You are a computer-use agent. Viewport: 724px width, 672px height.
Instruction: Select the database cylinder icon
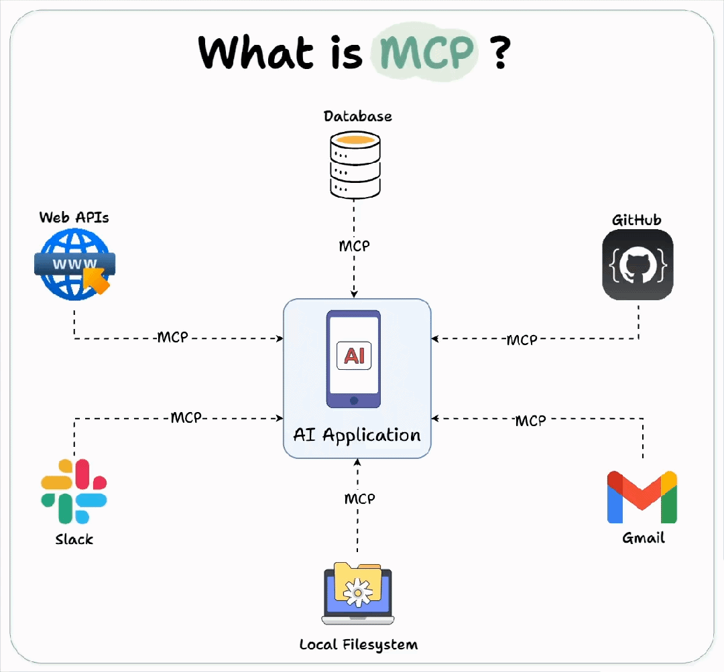tap(355, 164)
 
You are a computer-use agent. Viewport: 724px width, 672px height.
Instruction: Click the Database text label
tap(358, 117)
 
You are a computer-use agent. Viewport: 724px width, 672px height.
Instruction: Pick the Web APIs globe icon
tap(73, 264)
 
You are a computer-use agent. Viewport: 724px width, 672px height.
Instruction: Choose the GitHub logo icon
tap(638, 265)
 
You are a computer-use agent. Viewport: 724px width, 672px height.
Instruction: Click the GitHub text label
tap(637, 220)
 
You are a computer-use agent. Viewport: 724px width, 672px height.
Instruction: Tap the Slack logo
tap(74, 491)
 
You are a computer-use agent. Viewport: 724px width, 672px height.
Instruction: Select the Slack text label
tap(74, 539)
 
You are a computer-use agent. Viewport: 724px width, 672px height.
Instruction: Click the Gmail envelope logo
tap(642, 497)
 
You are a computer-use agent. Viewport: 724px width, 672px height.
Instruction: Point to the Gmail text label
tap(644, 538)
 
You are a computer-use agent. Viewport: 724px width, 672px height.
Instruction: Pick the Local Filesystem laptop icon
tap(358, 593)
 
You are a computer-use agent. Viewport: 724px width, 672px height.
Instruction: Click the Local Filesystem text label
tap(358, 645)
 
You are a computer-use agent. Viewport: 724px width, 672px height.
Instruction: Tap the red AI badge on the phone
tap(354, 356)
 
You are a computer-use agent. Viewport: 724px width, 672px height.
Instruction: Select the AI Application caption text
tap(357, 435)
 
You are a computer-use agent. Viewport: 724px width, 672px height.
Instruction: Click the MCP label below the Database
tap(354, 246)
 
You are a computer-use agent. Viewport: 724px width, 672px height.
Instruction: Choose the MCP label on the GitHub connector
tap(522, 340)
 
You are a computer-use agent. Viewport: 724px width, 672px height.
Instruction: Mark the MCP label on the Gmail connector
tap(530, 421)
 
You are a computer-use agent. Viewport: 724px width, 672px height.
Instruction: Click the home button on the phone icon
tap(354, 400)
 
